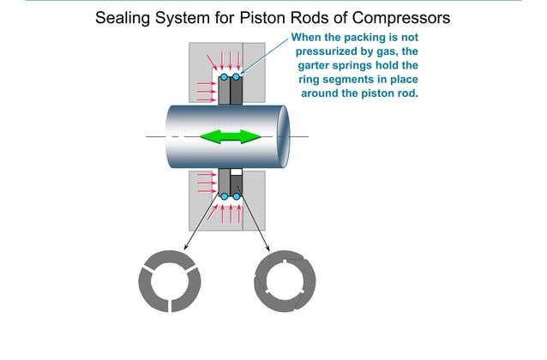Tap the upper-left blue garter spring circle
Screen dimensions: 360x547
(224, 77)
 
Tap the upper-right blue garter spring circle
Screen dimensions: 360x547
(236, 77)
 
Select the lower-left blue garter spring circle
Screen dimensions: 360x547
(224, 196)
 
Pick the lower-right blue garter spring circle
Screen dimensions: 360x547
(236, 196)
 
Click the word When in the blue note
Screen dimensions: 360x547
(309, 37)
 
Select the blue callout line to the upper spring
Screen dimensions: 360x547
(266, 55)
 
